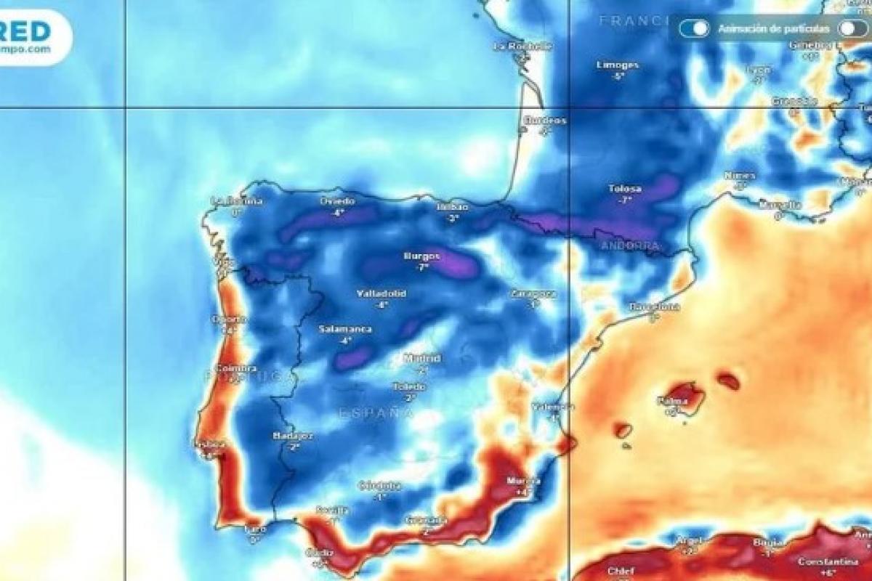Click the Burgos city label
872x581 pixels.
pos(421,256)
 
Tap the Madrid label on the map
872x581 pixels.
pos(422,358)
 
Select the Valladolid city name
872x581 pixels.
pos(381,294)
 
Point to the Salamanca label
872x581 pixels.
pos(345,329)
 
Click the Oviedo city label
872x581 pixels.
pos(337,201)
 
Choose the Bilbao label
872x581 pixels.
pos(453,207)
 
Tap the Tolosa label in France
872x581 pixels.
pos(625,189)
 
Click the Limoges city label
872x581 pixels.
pos(618,65)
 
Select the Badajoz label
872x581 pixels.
pos(294,436)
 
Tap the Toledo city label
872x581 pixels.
pos(409,387)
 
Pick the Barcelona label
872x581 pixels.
pos(654,306)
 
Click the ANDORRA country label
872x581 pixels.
pos(630,246)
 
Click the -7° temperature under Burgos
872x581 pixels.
pos(421,267)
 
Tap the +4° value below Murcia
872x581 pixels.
pos(520,492)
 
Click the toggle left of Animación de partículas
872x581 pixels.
pos(694,28)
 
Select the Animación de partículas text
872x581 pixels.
pos(773,28)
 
